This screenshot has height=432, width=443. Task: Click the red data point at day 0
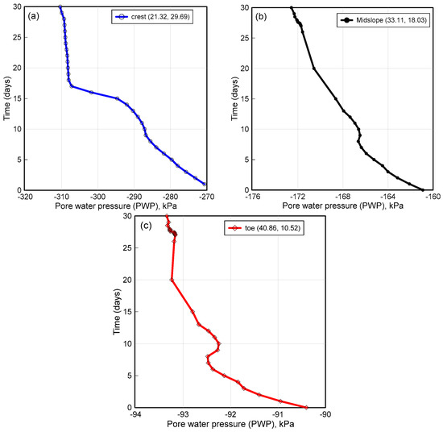[x=306, y=407]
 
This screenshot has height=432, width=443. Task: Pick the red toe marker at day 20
[x=172, y=280]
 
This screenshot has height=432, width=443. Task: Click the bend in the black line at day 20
[x=314, y=68]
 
